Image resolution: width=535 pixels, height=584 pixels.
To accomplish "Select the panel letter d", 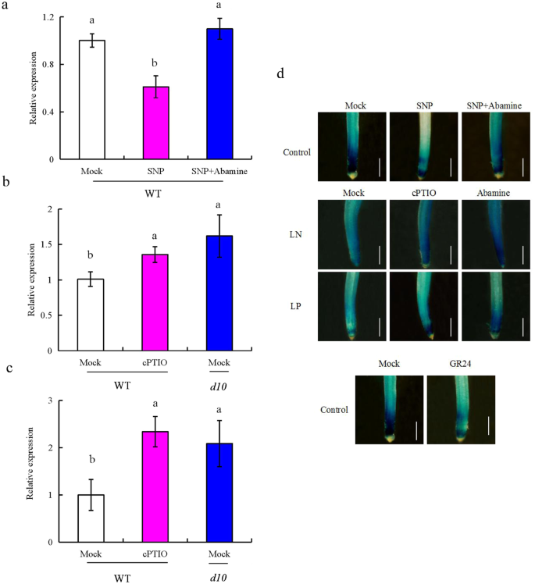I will (x=280, y=75).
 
